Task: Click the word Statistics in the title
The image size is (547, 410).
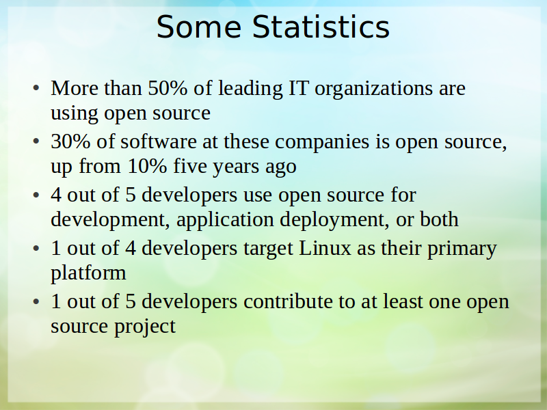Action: click(x=321, y=27)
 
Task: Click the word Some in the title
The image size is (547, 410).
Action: click(x=199, y=27)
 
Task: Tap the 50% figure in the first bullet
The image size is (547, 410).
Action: click(x=168, y=88)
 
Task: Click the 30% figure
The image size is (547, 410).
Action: click(x=70, y=141)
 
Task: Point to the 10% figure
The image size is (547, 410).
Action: click(x=148, y=166)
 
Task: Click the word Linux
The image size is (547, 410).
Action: click(x=325, y=248)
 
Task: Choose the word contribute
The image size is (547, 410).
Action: click(x=288, y=301)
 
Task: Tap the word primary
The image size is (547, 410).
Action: click(x=462, y=249)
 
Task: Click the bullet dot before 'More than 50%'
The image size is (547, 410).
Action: click(x=36, y=88)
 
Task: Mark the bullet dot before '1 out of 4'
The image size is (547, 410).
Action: click(x=36, y=248)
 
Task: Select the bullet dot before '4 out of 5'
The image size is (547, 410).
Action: click(x=36, y=195)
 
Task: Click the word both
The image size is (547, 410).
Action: click(x=439, y=219)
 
